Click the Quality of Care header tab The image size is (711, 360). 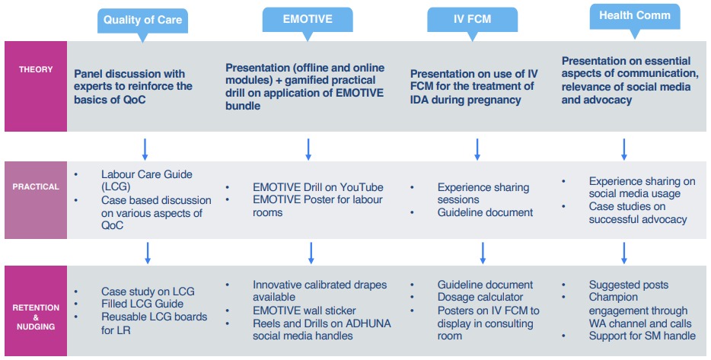coord(142,22)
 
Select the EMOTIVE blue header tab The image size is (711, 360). coord(308,21)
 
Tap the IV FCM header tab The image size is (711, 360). coord(472,21)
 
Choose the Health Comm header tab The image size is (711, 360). coord(634,18)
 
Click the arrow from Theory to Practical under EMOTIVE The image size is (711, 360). coord(308,149)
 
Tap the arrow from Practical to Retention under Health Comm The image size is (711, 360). coord(624,253)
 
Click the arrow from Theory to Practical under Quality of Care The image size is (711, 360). coord(145,149)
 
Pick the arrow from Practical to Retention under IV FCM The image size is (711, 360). coord(483,253)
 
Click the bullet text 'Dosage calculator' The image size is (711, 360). coord(480,298)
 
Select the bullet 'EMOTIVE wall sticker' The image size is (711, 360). coord(304,311)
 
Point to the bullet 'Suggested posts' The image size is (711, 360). coord(629,285)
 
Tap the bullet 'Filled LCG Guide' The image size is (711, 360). coord(142,304)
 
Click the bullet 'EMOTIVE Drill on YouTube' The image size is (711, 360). coord(318,187)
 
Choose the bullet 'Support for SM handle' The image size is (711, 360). coord(642,336)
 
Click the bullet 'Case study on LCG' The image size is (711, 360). coord(148,292)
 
